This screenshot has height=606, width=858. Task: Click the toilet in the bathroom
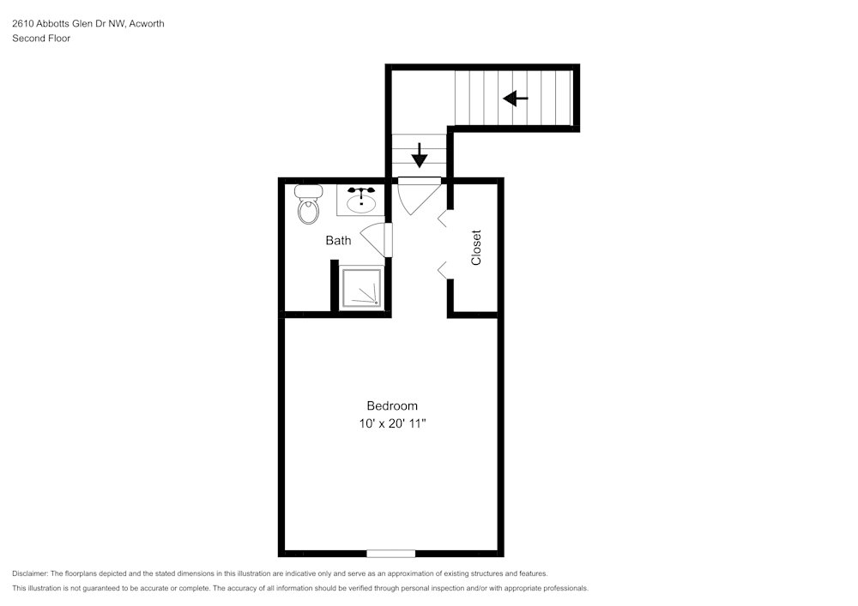[x=309, y=204]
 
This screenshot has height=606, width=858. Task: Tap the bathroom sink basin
[x=362, y=204]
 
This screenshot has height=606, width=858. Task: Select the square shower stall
[x=360, y=287]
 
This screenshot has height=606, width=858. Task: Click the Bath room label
[x=338, y=241]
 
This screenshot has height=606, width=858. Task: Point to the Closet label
[x=476, y=248]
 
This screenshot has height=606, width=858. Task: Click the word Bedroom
[x=392, y=406]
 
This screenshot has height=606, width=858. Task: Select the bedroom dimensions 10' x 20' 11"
[x=392, y=423]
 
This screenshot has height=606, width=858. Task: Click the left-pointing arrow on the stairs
[x=516, y=99]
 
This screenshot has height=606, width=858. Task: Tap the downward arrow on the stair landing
[x=420, y=155]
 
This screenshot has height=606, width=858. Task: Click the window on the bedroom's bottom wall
[x=390, y=554]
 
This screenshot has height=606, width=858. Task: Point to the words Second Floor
[x=41, y=39]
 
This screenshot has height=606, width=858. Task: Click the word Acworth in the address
[x=146, y=23]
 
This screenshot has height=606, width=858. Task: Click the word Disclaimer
[x=30, y=573]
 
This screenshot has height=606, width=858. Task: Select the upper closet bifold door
[x=442, y=219]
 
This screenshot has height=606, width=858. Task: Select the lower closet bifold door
[x=442, y=271]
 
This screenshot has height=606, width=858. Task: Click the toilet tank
[x=309, y=191]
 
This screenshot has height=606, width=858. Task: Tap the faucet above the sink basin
[x=361, y=190]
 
